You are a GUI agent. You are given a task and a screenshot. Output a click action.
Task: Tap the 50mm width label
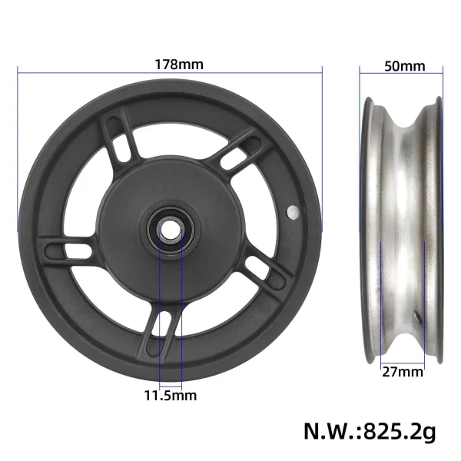(403, 65)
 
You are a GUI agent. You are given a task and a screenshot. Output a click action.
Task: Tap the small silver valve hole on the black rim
(293, 211)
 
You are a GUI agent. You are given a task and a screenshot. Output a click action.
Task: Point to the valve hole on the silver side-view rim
(416, 315)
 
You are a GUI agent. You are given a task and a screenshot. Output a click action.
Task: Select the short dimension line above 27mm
(403, 361)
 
